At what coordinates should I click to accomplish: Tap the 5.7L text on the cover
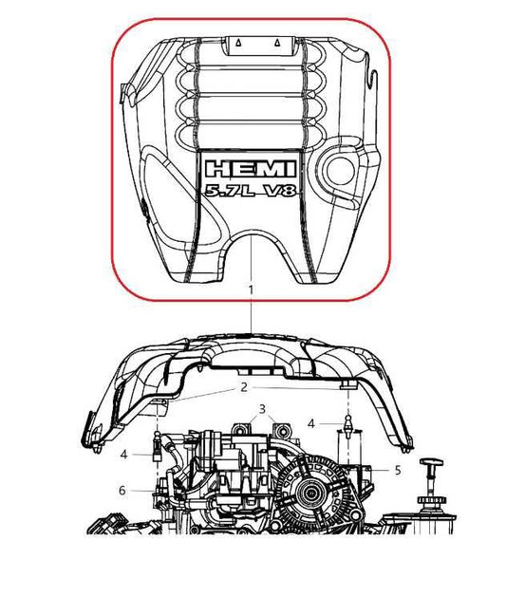pos(224,192)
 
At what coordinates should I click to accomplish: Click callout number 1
pos(251,287)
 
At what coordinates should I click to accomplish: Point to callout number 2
pos(243,387)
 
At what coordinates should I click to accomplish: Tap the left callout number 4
pos(123,455)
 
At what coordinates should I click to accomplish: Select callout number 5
pos(398,469)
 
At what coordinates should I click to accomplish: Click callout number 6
pos(122,490)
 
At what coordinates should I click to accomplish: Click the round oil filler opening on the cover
pos(336,168)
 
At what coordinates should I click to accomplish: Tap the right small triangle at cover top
pos(277,44)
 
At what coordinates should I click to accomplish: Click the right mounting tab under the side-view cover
pos(348,385)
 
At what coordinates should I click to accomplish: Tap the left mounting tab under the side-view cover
pos(161,404)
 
